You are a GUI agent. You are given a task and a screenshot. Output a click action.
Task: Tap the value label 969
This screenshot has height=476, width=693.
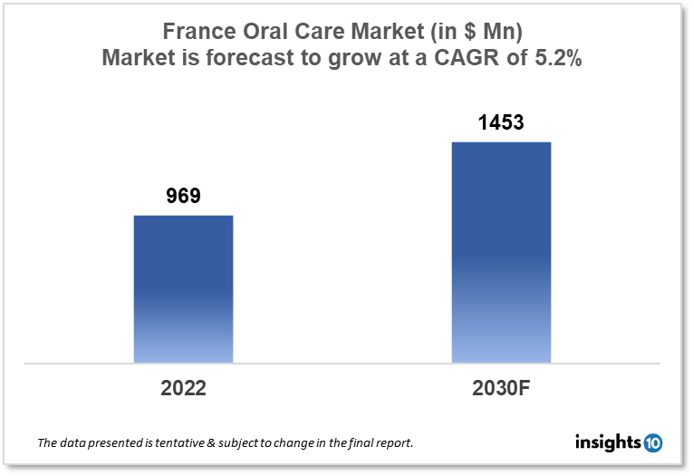[183, 196]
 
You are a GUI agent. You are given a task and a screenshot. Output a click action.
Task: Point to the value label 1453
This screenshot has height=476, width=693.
[501, 122]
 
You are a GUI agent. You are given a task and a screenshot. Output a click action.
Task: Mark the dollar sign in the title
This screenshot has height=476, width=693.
[469, 31]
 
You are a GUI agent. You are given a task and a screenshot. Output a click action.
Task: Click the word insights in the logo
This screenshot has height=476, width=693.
[608, 442]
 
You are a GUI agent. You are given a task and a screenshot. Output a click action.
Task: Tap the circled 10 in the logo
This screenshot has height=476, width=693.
[652, 443]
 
